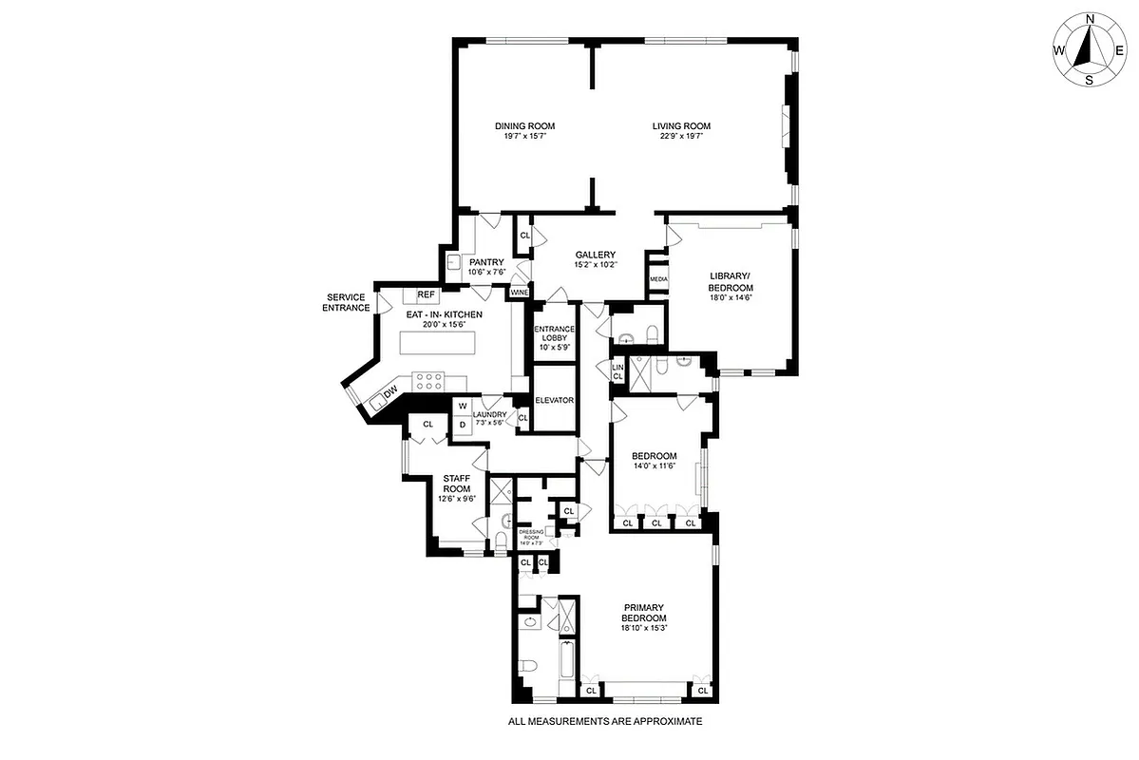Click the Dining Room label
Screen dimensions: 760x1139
click(524, 126)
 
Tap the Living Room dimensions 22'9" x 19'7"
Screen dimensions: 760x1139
click(681, 137)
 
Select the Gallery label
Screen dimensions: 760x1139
click(596, 255)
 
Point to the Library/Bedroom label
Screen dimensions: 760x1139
click(731, 282)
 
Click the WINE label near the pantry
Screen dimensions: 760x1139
click(519, 293)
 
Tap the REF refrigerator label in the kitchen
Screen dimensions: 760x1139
click(426, 295)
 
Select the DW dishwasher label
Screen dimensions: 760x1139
click(390, 392)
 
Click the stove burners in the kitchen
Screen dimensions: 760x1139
click(429, 382)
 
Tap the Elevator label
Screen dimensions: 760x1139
click(554, 400)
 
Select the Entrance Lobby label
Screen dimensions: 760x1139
click(554, 337)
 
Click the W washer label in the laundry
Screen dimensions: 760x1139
click(462, 407)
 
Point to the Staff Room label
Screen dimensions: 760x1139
click(457, 484)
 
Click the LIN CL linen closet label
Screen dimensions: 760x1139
click(617, 371)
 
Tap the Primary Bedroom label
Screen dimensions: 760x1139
click(650, 613)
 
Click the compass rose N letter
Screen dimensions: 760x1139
click(1091, 19)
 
